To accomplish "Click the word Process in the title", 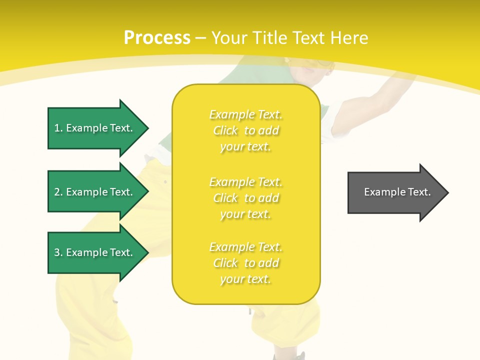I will click(x=157, y=38).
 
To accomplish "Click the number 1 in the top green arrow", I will click(x=57, y=128).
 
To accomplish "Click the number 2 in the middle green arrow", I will click(x=57, y=192).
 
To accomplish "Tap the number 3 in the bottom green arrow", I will click(x=57, y=252).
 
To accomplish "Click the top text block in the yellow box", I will click(x=246, y=130).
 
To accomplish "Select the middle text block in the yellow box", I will click(x=246, y=198).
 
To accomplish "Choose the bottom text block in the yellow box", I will click(x=246, y=263).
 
